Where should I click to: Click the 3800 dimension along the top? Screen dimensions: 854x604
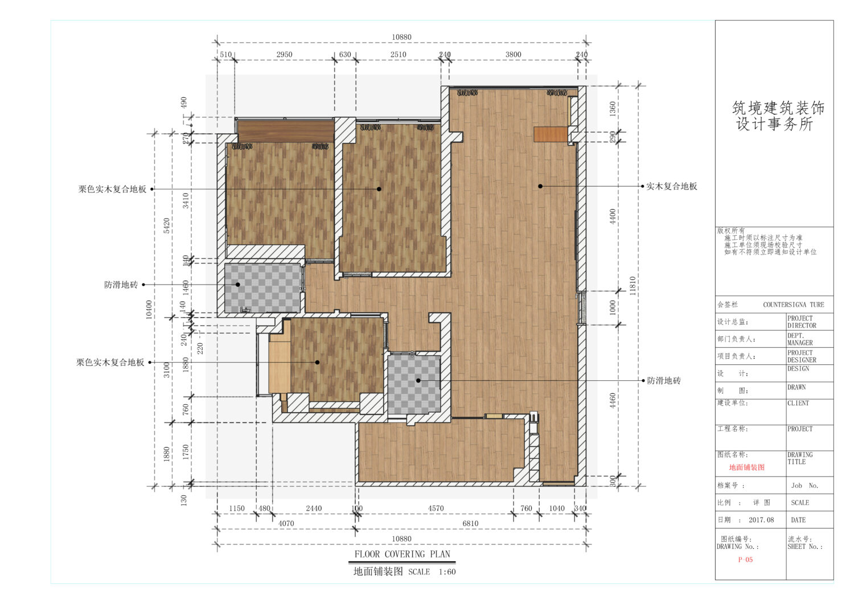513,55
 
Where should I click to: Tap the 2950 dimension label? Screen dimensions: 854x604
285,55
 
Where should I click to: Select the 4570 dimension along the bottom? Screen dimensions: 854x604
436,508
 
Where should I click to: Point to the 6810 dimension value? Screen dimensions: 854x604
470,524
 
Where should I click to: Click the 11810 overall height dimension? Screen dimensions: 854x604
633,286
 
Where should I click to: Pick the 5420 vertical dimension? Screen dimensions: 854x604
167,226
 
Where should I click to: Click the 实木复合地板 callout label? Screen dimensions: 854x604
672,186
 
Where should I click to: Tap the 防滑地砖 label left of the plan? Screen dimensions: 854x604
121,285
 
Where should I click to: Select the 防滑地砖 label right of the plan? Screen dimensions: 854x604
664,380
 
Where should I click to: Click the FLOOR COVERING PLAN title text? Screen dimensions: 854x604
402,554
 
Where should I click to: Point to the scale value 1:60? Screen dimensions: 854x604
447,572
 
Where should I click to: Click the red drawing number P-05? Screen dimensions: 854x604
745,560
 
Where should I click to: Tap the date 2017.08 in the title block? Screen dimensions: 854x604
761,520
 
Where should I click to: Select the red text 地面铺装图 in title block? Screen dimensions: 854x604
747,467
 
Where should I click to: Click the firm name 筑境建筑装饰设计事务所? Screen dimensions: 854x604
778,116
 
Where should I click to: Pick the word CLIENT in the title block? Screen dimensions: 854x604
798,403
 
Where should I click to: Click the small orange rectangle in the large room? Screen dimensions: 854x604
551,134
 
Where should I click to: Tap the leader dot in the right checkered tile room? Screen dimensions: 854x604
418,380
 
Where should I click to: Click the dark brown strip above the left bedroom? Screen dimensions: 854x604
286,132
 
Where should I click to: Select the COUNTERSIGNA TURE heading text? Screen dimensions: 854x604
794,305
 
